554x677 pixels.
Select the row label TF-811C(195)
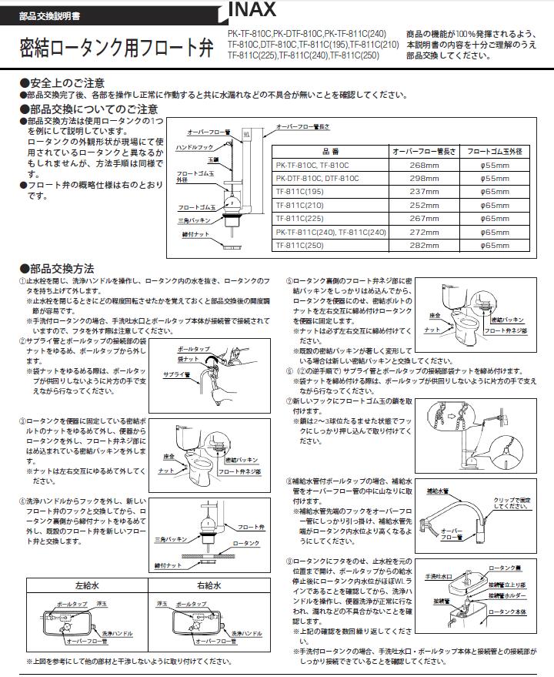[301, 192]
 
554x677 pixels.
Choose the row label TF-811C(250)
[301, 245]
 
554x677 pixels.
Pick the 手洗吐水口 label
[439, 575]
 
